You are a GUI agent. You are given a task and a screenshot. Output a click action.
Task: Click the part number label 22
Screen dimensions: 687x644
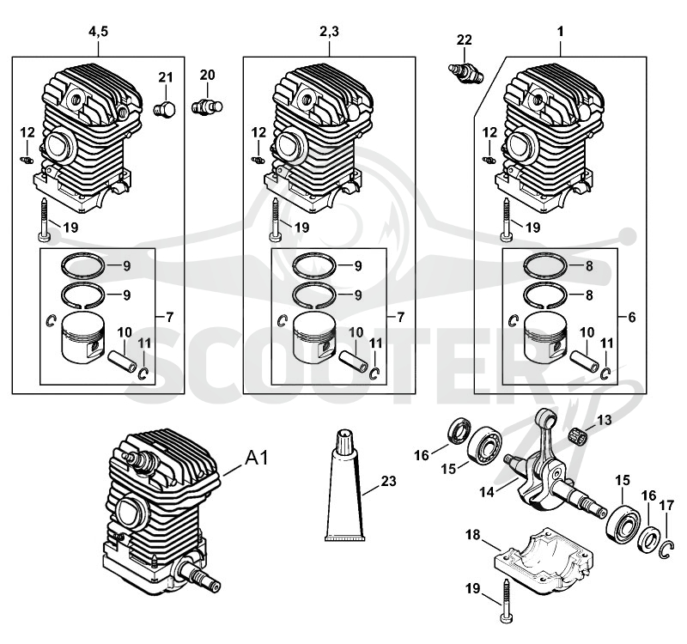click(464, 39)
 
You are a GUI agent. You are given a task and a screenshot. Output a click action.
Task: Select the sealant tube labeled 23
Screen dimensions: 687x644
click(344, 485)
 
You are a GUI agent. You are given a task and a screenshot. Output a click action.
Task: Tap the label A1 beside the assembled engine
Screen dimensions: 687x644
click(256, 459)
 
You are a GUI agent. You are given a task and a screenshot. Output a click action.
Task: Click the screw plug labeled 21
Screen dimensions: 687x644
click(165, 109)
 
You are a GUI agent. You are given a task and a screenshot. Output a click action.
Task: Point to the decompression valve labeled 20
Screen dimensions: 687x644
click(207, 106)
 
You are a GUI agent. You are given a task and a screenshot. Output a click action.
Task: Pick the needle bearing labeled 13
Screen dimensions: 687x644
click(576, 435)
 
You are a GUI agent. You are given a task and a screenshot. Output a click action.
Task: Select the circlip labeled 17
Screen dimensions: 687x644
click(666, 550)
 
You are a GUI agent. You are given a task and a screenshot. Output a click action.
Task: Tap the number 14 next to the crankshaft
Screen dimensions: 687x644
click(487, 492)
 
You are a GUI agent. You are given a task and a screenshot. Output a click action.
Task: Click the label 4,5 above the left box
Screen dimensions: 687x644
click(98, 32)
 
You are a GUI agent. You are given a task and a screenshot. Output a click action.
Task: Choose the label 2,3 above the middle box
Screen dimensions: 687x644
click(329, 32)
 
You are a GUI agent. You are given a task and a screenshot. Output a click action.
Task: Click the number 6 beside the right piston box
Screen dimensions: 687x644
click(631, 317)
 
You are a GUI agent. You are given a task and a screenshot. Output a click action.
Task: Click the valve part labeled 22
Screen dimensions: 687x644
click(465, 73)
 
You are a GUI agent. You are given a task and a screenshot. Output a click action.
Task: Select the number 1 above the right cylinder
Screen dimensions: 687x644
click(560, 32)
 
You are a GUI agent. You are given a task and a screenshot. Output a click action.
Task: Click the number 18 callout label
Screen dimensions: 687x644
click(473, 534)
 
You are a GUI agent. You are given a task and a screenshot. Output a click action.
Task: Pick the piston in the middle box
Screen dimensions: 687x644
click(314, 337)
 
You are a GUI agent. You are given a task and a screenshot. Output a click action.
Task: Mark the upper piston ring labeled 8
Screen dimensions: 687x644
click(546, 265)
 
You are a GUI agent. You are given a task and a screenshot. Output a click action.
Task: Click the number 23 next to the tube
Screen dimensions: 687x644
click(388, 481)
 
